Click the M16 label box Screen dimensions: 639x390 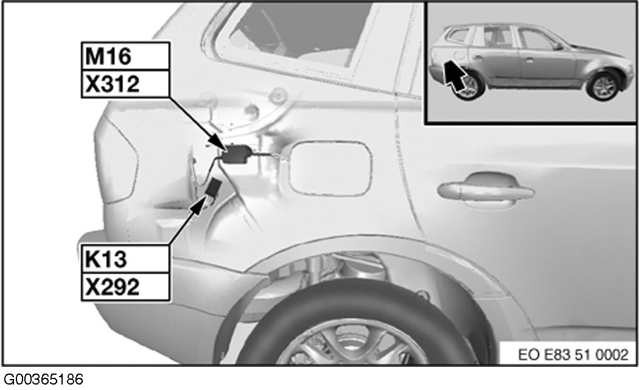125,56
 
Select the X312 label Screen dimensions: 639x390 125,83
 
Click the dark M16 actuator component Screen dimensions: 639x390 236,154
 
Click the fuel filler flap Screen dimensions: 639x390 329,168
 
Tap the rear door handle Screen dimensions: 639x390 486,187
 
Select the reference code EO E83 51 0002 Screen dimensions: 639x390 573,355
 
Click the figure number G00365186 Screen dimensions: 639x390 43,380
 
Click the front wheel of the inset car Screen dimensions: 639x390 603,86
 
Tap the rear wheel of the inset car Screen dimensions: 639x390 468,85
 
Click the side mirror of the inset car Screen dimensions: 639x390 557,46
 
